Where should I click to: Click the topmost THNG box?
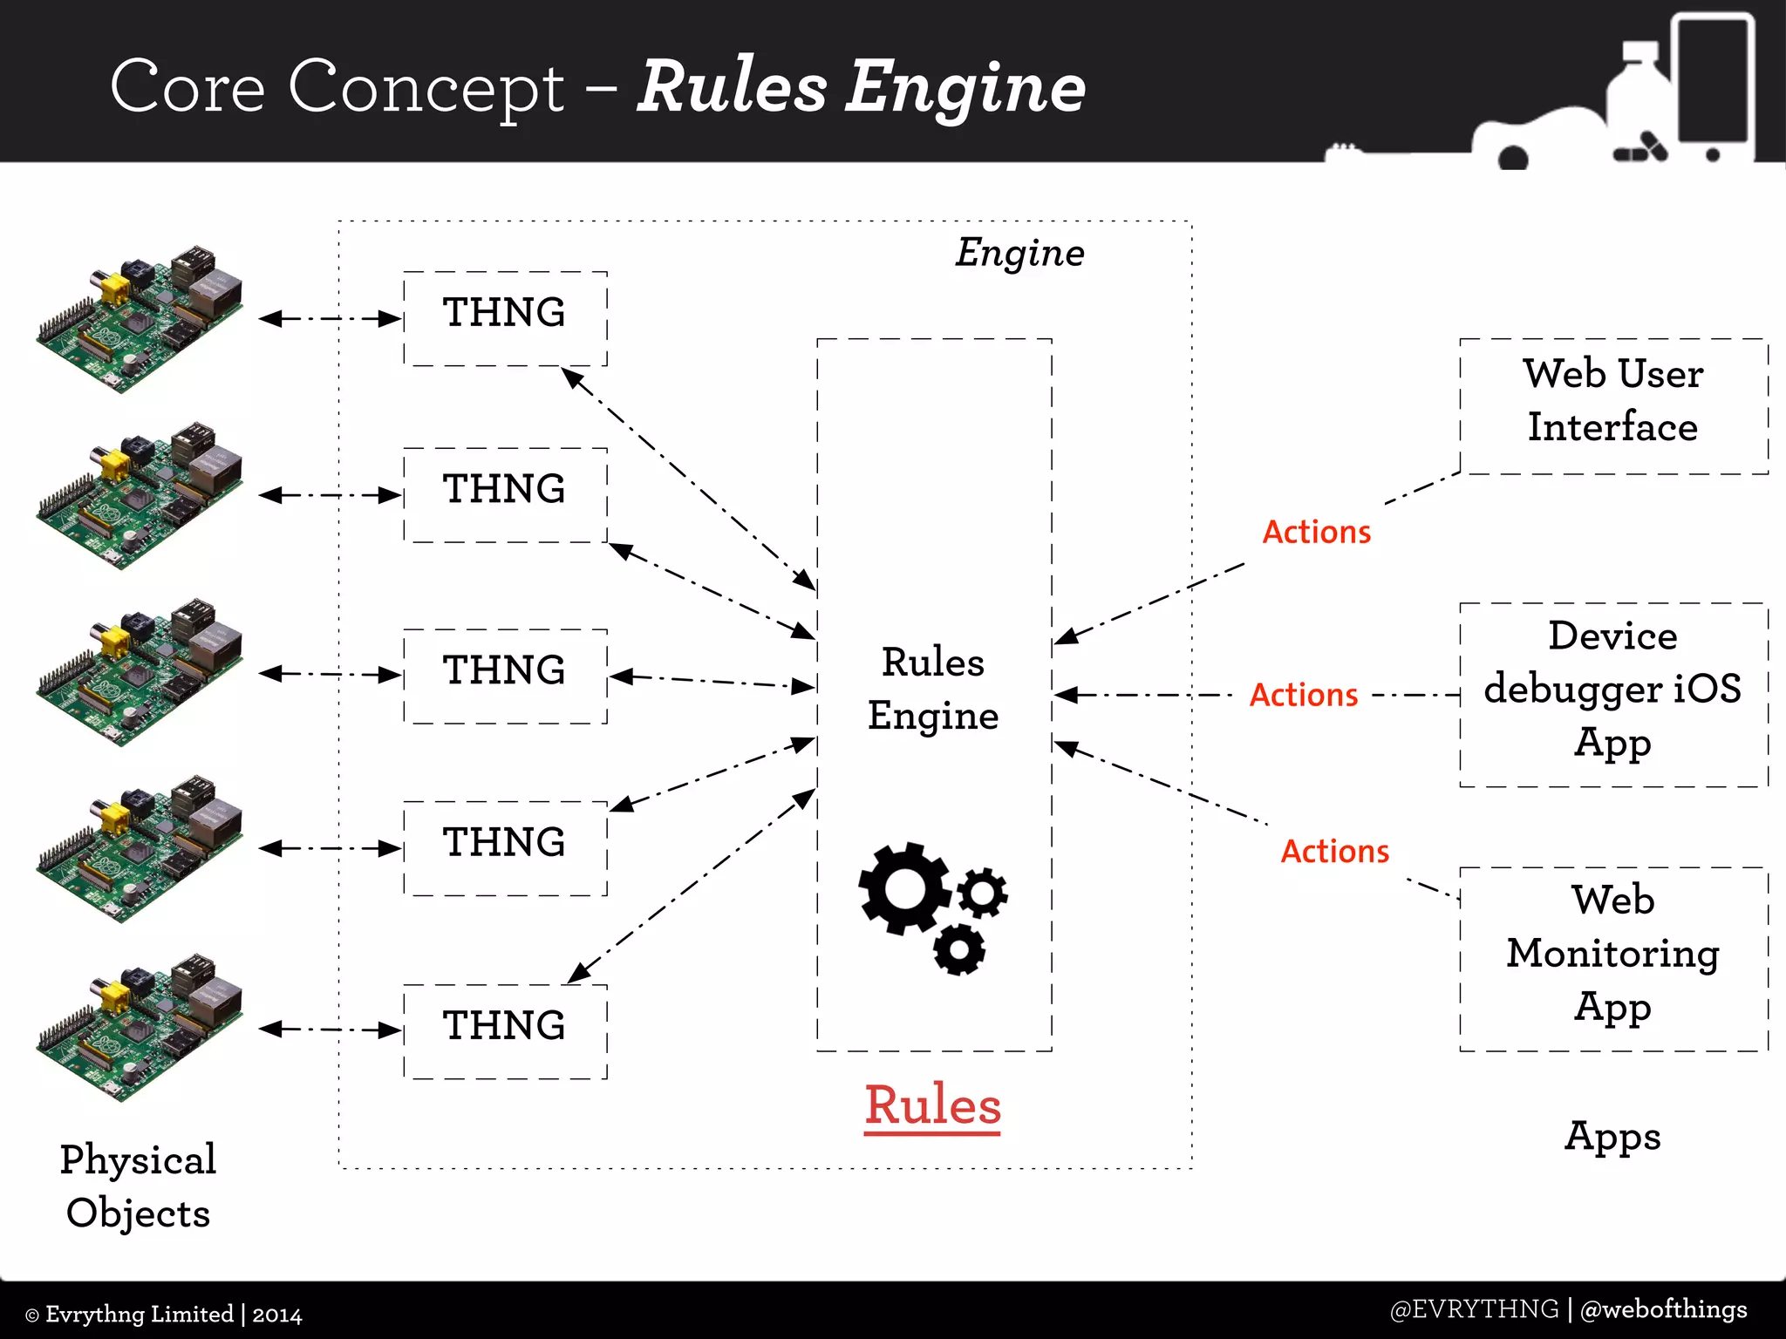pos(505,318)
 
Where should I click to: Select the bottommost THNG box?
pos(505,1031)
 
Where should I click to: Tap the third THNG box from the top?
pos(505,676)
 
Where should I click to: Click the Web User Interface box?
pos(1613,405)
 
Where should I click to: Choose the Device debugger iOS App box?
pos(1613,694)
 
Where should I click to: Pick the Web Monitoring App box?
pos(1613,958)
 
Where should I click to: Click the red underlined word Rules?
pos(932,1105)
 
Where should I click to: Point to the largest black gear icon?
pos(903,888)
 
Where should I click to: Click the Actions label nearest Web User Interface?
pos(1317,532)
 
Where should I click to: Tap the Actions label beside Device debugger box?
pos(1304,695)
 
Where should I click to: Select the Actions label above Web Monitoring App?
pos(1334,851)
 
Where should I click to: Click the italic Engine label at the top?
pos(1019,254)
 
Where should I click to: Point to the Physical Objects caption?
pos(138,1186)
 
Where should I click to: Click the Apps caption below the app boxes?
pos(1612,1136)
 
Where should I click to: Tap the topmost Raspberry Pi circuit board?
pos(140,320)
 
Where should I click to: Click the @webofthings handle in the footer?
pos(1663,1308)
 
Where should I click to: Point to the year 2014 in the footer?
pos(277,1315)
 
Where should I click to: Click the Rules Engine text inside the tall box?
pos(932,689)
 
